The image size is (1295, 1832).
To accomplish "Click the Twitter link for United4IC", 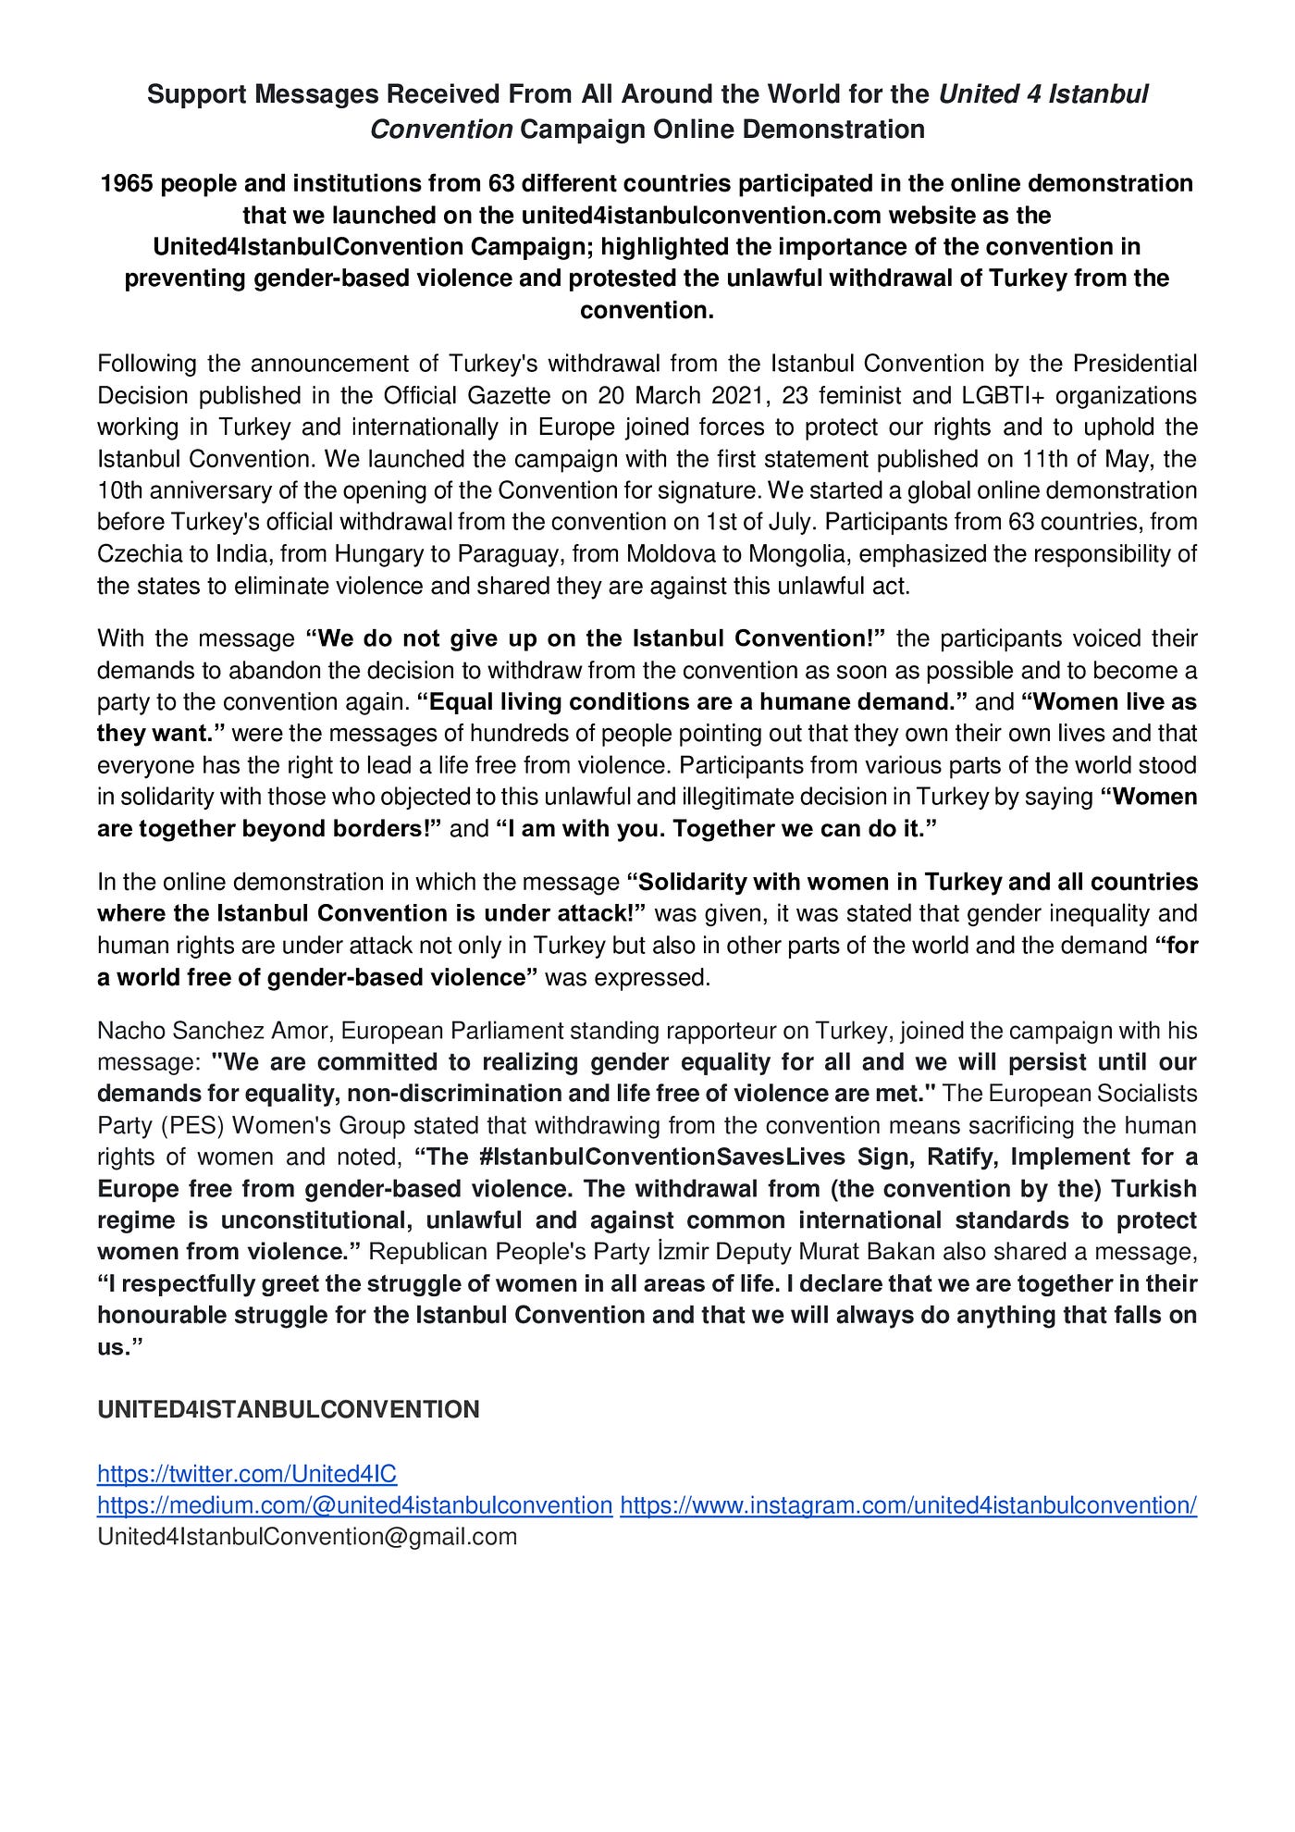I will [x=247, y=1473].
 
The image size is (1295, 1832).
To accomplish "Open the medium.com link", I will [x=354, y=1504].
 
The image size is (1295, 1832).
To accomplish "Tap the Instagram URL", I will [x=908, y=1504].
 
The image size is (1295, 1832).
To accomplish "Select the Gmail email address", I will [x=307, y=1536].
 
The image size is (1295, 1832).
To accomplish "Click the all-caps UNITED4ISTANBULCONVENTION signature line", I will [x=289, y=1409].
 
